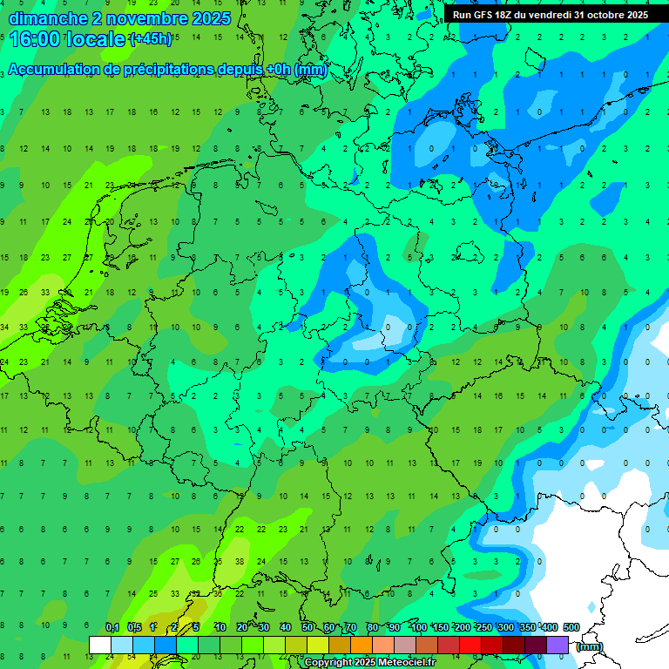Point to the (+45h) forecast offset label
point(150,39)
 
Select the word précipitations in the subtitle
point(173,70)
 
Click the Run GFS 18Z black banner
point(550,15)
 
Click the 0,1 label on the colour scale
point(112,627)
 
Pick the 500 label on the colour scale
point(571,627)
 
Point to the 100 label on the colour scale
point(418,627)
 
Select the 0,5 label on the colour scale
point(134,627)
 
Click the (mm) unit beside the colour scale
point(590,645)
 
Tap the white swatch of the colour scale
point(100,645)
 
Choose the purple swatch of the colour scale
point(557,645)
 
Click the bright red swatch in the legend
point(470,645)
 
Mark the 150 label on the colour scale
point(441,627)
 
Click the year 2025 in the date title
point(211,18)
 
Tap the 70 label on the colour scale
point(351,627)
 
